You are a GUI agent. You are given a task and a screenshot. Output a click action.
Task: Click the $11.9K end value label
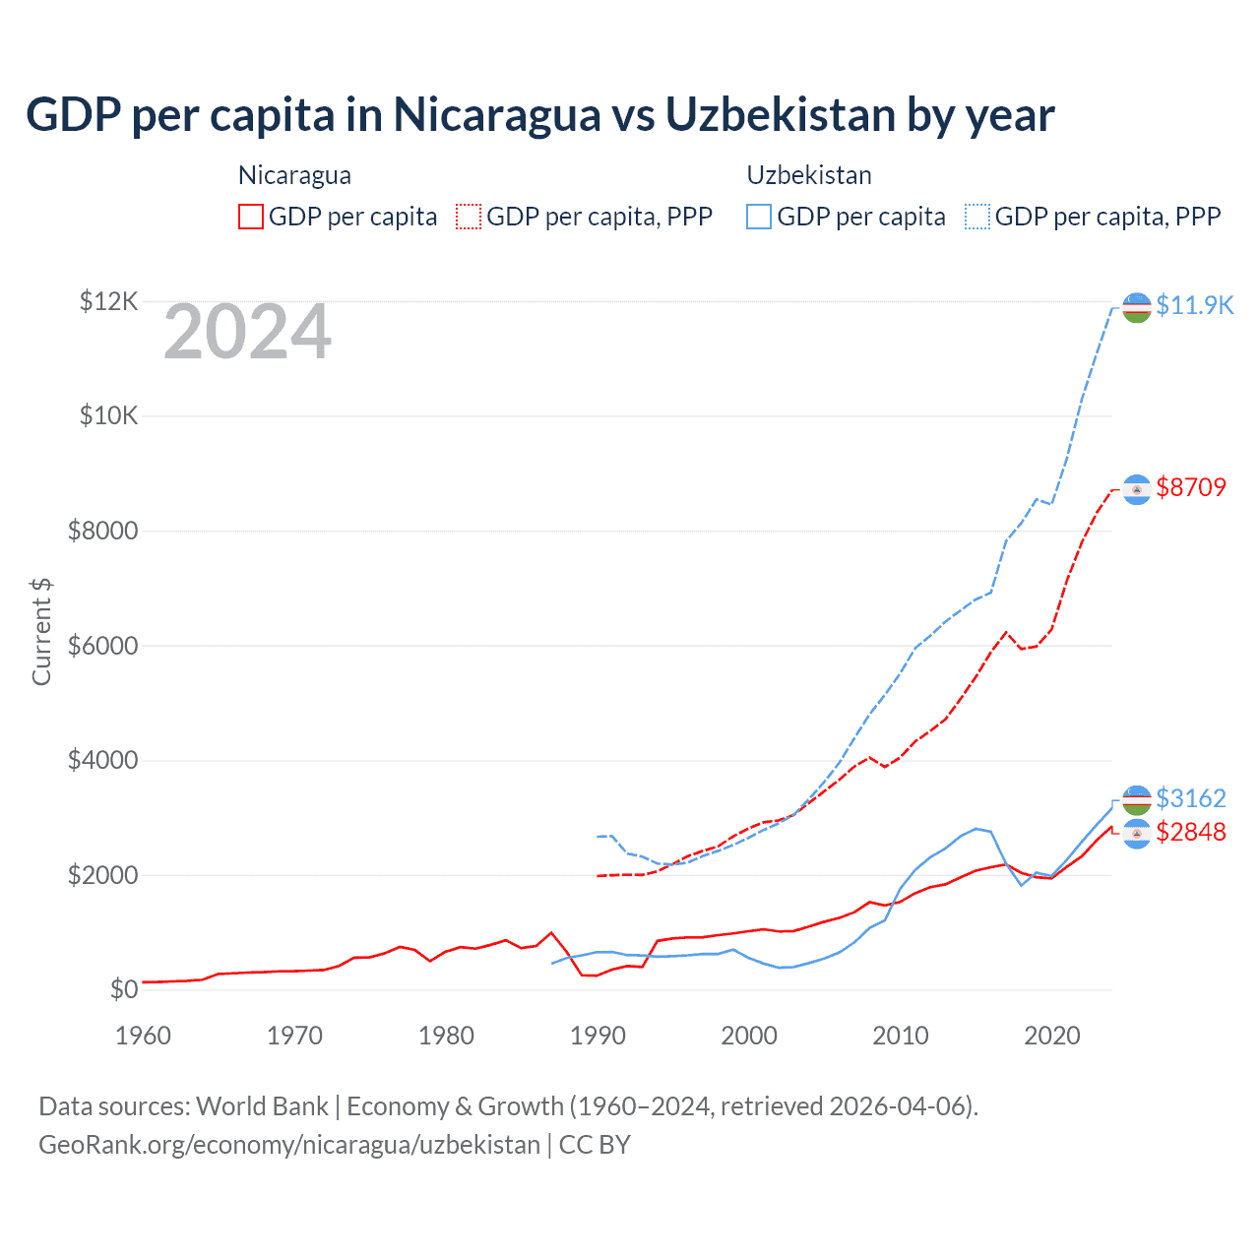(1194, 305)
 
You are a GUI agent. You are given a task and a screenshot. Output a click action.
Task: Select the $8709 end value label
(1191, 487)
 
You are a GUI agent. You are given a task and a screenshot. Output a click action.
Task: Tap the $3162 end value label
(1191, 797)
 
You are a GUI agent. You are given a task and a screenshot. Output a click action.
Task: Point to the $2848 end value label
(1191, 832)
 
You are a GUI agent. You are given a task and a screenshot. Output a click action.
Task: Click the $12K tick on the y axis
(108, 301)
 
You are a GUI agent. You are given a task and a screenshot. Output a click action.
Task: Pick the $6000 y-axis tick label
(102, 646)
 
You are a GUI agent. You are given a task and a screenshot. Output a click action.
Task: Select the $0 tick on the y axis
(123, 989)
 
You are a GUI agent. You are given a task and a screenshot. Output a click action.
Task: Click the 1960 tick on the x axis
(143, 1036)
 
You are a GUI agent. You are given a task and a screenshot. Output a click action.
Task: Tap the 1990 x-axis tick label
(598, 1036)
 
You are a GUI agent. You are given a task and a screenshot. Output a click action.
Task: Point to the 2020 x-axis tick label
(1052, 1036)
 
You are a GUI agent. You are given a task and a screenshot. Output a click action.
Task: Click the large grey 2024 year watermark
(247, 333)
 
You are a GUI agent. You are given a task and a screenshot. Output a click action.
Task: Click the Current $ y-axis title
(41, 632)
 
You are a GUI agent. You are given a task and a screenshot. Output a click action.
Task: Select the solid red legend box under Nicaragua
(251, 217)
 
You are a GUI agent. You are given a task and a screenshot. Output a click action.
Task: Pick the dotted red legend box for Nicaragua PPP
(469, 217)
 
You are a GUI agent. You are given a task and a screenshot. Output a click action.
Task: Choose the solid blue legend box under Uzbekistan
(759, 217)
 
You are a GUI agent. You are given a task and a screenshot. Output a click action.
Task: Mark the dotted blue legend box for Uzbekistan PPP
(977, 217)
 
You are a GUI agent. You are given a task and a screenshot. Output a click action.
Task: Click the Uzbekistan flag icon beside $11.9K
(1137, 307)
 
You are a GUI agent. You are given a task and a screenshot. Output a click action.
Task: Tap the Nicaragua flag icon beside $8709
(1137, 489)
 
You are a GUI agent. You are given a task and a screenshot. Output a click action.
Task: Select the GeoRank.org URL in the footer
(289, 1145)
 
